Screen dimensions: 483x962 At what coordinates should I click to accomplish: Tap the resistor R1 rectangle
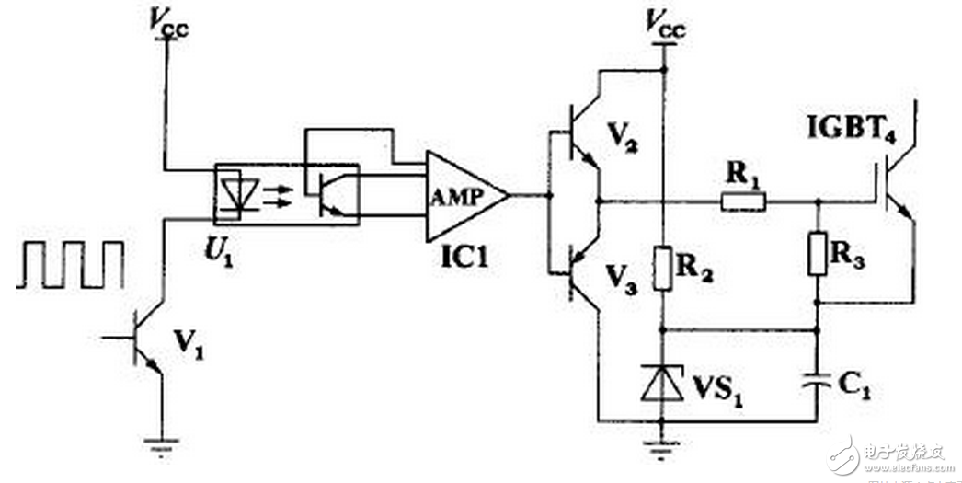[x=742, y=201]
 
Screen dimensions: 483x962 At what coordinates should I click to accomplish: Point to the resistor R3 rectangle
[x=818, y=252]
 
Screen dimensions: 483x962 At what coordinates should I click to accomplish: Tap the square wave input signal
[x=70, y=264]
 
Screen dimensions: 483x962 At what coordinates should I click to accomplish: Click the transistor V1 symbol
[x=143, y=339]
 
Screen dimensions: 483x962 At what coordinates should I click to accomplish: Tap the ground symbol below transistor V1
[x=164, y=447]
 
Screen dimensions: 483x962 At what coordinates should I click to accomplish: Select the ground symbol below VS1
[x=662, y=447]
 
